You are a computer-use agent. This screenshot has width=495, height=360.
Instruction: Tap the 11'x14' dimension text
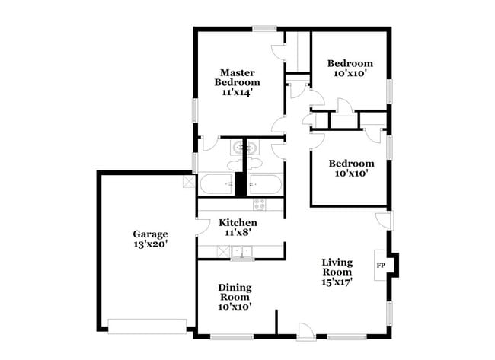pos(237,91)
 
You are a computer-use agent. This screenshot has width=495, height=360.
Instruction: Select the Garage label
pos(150,234)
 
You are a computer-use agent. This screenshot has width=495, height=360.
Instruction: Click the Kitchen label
pos(238,222)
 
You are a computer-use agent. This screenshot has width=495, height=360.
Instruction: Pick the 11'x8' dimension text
pos(238,234)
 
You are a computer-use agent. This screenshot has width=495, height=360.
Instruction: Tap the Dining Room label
pos(235,292)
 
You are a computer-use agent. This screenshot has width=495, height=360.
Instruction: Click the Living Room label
pos(337,266)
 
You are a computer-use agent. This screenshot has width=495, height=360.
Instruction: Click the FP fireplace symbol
pos(382,265)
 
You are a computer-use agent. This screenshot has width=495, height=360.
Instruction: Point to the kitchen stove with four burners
pos(260,204)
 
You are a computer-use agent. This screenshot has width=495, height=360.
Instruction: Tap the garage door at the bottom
pos(148,326)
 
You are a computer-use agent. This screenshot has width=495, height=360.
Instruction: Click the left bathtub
pos(217,185)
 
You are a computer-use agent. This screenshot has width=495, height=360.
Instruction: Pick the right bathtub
pos(266,185)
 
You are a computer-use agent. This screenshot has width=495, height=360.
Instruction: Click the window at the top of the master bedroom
pos(264,29)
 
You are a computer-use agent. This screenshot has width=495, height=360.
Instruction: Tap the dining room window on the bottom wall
pos(232,336)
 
